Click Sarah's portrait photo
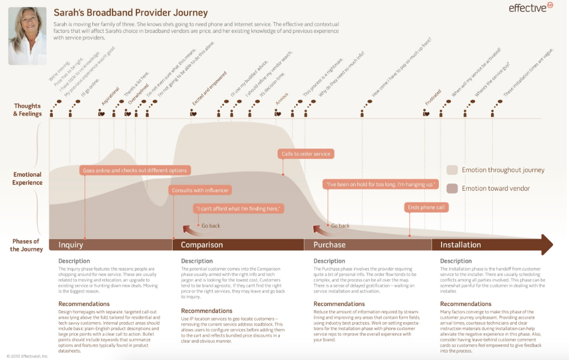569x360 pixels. (x=27, y=36)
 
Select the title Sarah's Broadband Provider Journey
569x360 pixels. (x=131, y=13)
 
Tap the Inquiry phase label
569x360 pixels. (x=71, y=245)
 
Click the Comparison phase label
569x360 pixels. (x=202, y=245)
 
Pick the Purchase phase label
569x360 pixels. (x=329, y=245)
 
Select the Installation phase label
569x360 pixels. (x=461, y=245)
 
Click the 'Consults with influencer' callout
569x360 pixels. (x=200, y=190)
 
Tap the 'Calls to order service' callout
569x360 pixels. (x=306, y=154)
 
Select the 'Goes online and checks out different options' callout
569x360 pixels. (x=135, y=170)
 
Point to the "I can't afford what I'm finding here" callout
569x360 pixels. (x=239, y=209)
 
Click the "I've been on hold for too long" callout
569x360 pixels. (x=380, y=185)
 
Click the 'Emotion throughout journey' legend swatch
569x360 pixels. (x=452, y=170)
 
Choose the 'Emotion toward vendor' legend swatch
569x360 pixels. (x=452, y=188)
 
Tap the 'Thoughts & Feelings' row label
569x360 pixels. (x=28, y=109)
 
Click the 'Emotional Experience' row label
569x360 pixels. (x=28, y=178)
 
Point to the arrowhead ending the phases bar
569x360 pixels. (x=546, y=245)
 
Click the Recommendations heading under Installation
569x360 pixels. (x=466, y=304)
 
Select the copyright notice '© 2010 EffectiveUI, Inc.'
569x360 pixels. (x=28, y=356)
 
